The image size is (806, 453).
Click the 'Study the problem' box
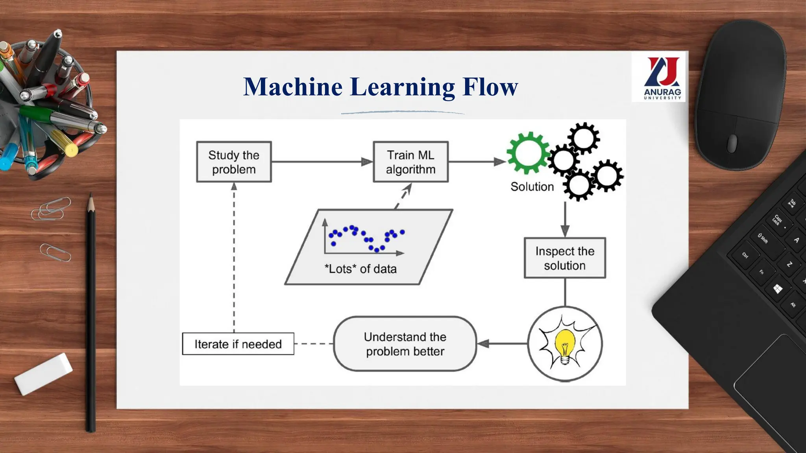tap(234, 162)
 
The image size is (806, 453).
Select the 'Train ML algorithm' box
tap(410, 162)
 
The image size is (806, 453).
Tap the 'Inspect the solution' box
tap(565, 258)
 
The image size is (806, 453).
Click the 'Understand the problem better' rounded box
tap(405, 344)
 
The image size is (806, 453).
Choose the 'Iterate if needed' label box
tap(238, 344)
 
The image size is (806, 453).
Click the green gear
tap(528, 153)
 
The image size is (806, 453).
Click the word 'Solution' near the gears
tap(532, 186)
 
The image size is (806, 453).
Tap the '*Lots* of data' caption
tap(360, 269)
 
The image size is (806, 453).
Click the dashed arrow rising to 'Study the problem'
tap(234, 256)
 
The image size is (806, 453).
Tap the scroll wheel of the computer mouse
tap(732, 143)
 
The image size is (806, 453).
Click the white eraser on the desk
tap(44, 373)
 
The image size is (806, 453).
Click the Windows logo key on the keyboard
tap(778, 289)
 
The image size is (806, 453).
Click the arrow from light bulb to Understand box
tap(502, 344)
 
